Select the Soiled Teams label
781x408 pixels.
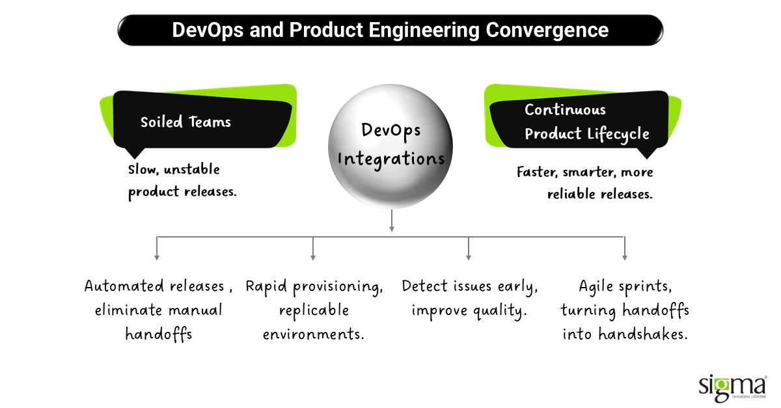click(185, 122)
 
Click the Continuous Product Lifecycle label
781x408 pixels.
click(586, 122)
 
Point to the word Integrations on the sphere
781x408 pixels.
click(391, 158)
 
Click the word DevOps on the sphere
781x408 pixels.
click(391, 129)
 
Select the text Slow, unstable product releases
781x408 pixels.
click(182, 181)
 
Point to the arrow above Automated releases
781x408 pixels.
click(157, 256)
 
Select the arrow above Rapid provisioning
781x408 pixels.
click(313, 256)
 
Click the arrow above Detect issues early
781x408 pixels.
click(469, 256)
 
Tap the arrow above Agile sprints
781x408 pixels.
click(625, 256)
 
